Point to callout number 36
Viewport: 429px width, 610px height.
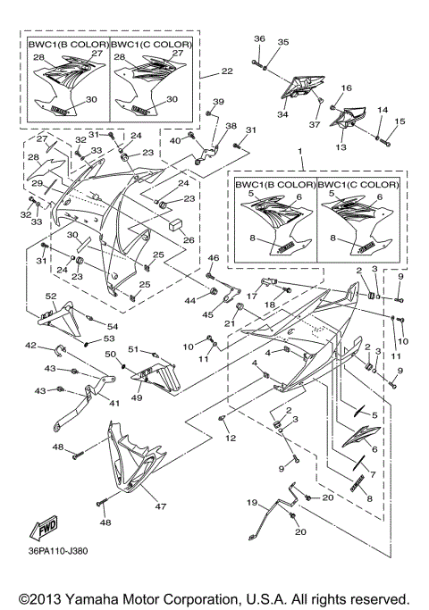coord(258,39)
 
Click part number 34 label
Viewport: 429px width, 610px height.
coord(282,114)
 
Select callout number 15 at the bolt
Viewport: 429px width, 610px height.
coord(399,121)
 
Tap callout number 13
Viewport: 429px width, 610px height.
coord(341,146)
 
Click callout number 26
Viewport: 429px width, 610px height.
coord(189,239)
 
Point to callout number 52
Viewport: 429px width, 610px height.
coord(51,297)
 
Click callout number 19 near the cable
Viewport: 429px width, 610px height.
coord(253,502)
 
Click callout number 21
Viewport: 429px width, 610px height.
coord(229,322)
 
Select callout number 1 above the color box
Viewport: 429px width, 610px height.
coord(300,153)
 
